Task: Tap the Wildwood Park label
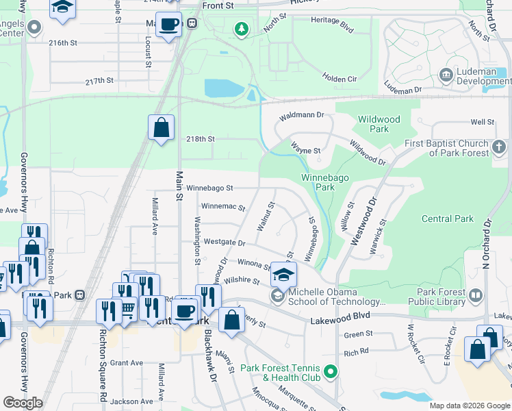coord(379,124)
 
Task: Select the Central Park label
coord(447,219)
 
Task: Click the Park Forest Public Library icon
coord(476,296)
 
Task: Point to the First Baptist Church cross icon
coord(500,147)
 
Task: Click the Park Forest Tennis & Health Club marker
coord(331,373)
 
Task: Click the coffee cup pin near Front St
coord(169,25)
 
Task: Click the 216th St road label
coord(63,42)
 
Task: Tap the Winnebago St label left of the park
coord(210,187)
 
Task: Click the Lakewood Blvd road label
coord(340,319)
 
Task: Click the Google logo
coord(23,403)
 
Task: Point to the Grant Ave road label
coord(126,363)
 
